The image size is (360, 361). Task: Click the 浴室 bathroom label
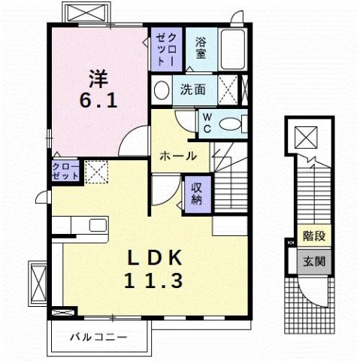(201, 47)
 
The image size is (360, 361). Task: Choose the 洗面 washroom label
(191, 89)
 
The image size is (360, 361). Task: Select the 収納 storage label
(195, 193)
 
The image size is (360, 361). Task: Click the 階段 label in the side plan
(313, 236)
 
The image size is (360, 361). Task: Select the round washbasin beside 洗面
(162, 90)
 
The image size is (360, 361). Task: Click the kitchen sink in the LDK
(98, 225)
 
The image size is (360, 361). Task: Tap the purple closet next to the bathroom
(164, 50)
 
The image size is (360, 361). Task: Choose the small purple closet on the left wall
(65, 171)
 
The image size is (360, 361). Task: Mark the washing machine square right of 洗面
(228, 90)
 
